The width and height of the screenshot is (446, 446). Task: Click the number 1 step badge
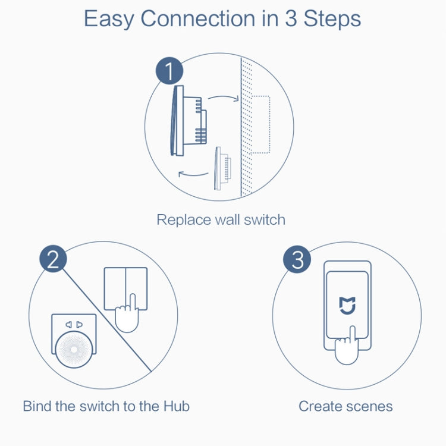[168, 72]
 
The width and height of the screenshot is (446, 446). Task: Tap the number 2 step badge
[54, 260]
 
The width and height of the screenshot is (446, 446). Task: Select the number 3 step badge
[298, 260]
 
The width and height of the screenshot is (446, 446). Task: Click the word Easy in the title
[109, 18]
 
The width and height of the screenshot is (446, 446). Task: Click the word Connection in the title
[197, 18]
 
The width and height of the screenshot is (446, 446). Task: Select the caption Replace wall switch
[221, 219]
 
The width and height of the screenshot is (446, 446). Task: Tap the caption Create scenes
[346, 406]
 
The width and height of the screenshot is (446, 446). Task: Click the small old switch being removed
[222, 169]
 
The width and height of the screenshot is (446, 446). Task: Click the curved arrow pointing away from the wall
[194, 174]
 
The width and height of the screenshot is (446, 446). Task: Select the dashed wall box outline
[260, 123]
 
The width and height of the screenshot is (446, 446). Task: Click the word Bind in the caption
[37, 406]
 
